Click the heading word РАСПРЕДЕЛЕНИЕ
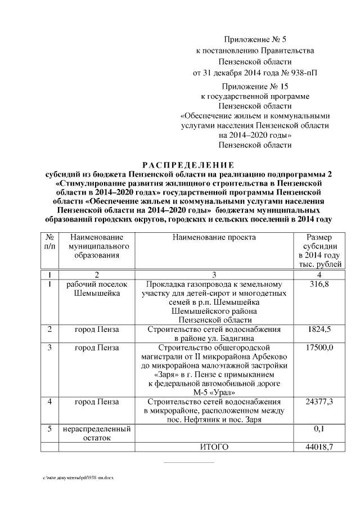click(188, 165)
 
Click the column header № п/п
click(50, 242)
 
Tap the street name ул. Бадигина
click(232, 338)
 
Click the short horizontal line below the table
click(188, 463)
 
